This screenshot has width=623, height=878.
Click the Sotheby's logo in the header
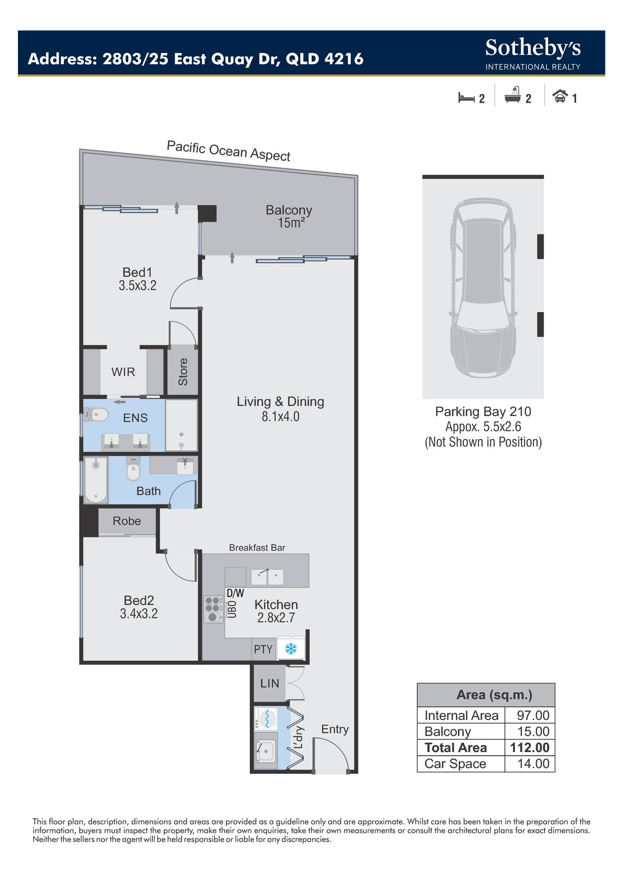[533, 54]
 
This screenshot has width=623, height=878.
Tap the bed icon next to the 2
[466, 98]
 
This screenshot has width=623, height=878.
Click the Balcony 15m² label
[289, 217]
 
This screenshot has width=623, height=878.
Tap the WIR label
[123, 372]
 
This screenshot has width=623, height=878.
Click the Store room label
[183, 372]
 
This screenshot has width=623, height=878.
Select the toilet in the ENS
[96, 415]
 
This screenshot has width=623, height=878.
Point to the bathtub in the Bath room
[96, 479]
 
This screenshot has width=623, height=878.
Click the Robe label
[127, 521]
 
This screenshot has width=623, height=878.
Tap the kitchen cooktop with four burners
[213, 609]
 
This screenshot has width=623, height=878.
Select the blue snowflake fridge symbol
[291, 649]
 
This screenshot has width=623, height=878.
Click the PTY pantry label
[263, 649]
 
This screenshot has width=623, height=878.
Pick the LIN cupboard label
[270, 683]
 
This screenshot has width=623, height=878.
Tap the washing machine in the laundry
[265, 719]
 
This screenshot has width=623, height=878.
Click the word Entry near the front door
[335, 729]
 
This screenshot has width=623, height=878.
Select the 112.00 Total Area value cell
[530, 747]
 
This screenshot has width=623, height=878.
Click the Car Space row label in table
[455, 764]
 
